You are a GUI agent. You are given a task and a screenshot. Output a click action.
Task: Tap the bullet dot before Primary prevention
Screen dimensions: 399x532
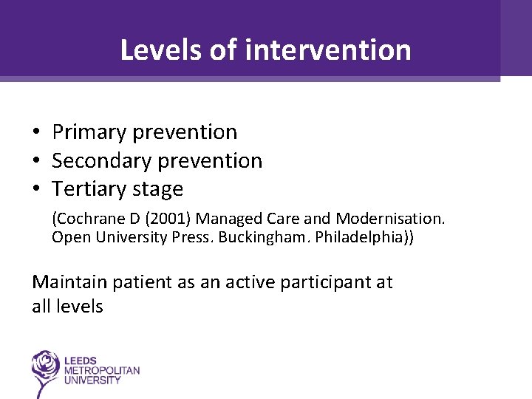35,132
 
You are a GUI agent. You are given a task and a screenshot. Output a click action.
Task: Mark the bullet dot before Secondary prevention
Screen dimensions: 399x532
35,161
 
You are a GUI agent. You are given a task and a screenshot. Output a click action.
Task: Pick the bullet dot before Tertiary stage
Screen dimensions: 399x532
35,190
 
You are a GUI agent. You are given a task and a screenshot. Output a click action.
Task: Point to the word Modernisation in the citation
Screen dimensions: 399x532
390,219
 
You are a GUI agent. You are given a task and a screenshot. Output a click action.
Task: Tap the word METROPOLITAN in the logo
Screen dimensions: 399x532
101,370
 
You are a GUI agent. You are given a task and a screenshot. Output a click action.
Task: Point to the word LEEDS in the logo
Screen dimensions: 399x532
79,360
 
